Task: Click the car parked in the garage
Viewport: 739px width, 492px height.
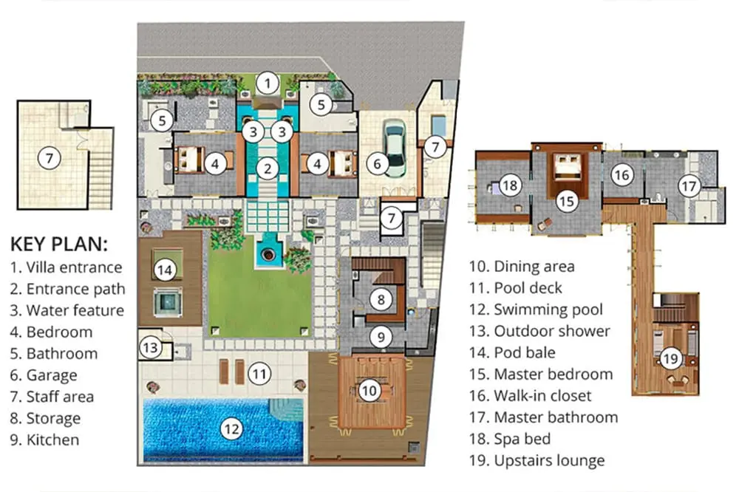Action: pyautogui.click(x=394, y=148)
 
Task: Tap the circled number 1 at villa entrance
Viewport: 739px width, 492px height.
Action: pyautogui.click(x=268, y=83)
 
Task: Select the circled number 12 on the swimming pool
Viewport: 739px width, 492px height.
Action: pyautogui.click(x=231, y=429)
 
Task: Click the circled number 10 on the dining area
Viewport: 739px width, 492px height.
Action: pyautogui.click(x=369, y=390)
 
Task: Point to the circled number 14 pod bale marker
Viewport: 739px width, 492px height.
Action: pyautogui.click(x=165, y=270)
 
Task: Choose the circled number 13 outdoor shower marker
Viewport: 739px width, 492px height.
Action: pyautogui.click(x=150, y=348)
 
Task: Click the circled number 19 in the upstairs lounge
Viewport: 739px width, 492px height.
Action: pyautogui.click(x=670, y=360)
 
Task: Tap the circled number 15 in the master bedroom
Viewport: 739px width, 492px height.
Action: pyautogui.click(x=567, y=202)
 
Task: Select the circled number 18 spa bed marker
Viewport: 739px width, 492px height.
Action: pyautogui.click(x=509, y=185)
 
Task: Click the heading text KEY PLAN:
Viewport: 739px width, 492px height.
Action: pyautogui.click(x=59, y=244)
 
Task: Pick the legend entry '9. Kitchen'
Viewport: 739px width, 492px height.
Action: pyautogui.click(x=45, y=440)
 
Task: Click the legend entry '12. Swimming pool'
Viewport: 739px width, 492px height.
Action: pyautogui.click(x=536, y=310)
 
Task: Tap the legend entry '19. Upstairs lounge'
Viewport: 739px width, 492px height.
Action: pyautogui.click(x=537, y=460)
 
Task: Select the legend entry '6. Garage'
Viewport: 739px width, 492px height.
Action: pyautogui.click(x=44, y=375)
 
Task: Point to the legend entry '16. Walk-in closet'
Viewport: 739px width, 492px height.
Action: pyautogui.click(x=530, y=396)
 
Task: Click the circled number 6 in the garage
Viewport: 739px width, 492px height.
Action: pyautogui.click(x=377, y=164)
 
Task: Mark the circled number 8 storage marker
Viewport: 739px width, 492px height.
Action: pyautogui.click(x=381, y=298)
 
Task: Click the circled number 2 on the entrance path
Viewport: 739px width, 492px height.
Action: pyautogui.click(x=268, y=168)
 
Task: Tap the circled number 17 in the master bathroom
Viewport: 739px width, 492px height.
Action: pyautogui.click(x=689, y=185)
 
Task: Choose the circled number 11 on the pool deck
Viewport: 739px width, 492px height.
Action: pyautogui.click(x=259, y=375)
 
